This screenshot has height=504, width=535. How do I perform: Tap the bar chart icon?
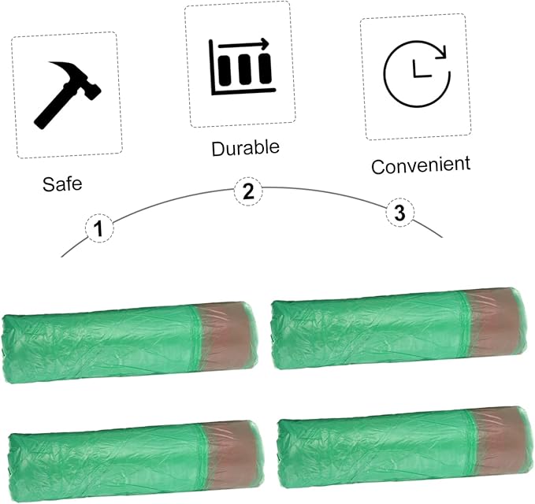pyautogui.click(x=242, y=67)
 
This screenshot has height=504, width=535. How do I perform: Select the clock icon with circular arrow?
pyautogui.click(x=417, y=73)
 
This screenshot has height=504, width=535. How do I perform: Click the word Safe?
pyautogui.click(x=62, y=183)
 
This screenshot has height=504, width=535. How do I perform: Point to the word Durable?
pyautogui.click(x=245, y=148)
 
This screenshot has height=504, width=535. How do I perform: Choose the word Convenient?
pyautogui.click(x=421, y=165)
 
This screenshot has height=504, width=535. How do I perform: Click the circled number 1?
pyautogui.click(x=99, y=228)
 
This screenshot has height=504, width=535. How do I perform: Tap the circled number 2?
pyautogui.click(x=248, y=191)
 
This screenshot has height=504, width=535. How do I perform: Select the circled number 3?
pyautogui.click(x=400, y=213)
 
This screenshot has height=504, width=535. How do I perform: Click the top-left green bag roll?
pyautogui.click(x=130, y=342)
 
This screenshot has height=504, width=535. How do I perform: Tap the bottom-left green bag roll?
pyautogui.click(x=136, y=461)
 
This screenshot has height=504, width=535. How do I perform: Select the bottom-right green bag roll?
pyautogui.click(x=405, y=447)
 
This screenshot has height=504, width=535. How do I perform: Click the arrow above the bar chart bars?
pyautogui.click(x=243, y=44)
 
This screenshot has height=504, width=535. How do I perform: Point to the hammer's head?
pyautogui.click(x=80, y=79)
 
